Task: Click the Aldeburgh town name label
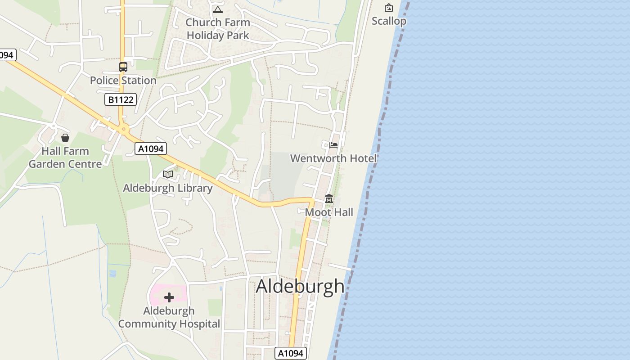(300, 287)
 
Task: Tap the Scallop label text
(389, 21)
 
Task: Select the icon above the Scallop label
(388, 8)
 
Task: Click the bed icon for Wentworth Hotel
(333, 145)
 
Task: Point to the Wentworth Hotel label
(333, 158)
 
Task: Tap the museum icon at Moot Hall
(329, 199)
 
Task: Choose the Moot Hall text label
(329, 212)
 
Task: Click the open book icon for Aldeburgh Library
(168, 174)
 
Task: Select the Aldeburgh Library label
(168, 188)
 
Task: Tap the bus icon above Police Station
(123, 67)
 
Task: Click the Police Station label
(123, 81)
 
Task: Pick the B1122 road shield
(121, 99)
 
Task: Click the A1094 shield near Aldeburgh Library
(151, 148)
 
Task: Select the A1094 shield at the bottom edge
(291, 353)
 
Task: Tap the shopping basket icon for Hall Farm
(65, 137)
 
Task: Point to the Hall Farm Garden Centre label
(65, 157)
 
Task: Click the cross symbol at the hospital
(169, 297)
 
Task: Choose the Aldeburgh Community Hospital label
(169, 317)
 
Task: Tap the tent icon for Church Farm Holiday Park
(218, 9)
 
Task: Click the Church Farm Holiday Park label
(218, 29)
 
